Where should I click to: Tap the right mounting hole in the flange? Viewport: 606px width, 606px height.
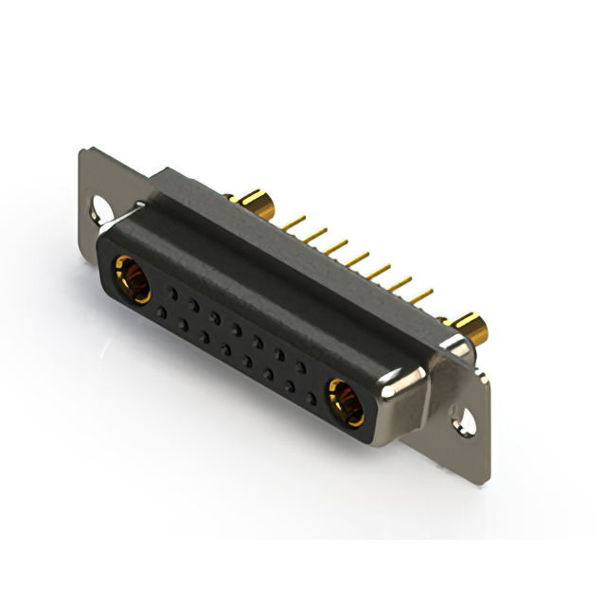click(x=465, y=417)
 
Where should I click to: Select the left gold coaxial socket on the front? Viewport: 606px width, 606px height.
click(x=133, y=278)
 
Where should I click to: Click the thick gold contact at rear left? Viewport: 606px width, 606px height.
click(x=253, y=202)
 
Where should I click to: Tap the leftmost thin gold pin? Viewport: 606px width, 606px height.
click(x=293, y=222)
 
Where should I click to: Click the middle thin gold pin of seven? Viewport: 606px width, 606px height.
click(x=357, y=258)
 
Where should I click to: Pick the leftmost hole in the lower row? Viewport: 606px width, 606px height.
click(x=161, y=312)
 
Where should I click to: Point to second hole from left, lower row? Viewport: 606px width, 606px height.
click(x=183, y=324)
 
